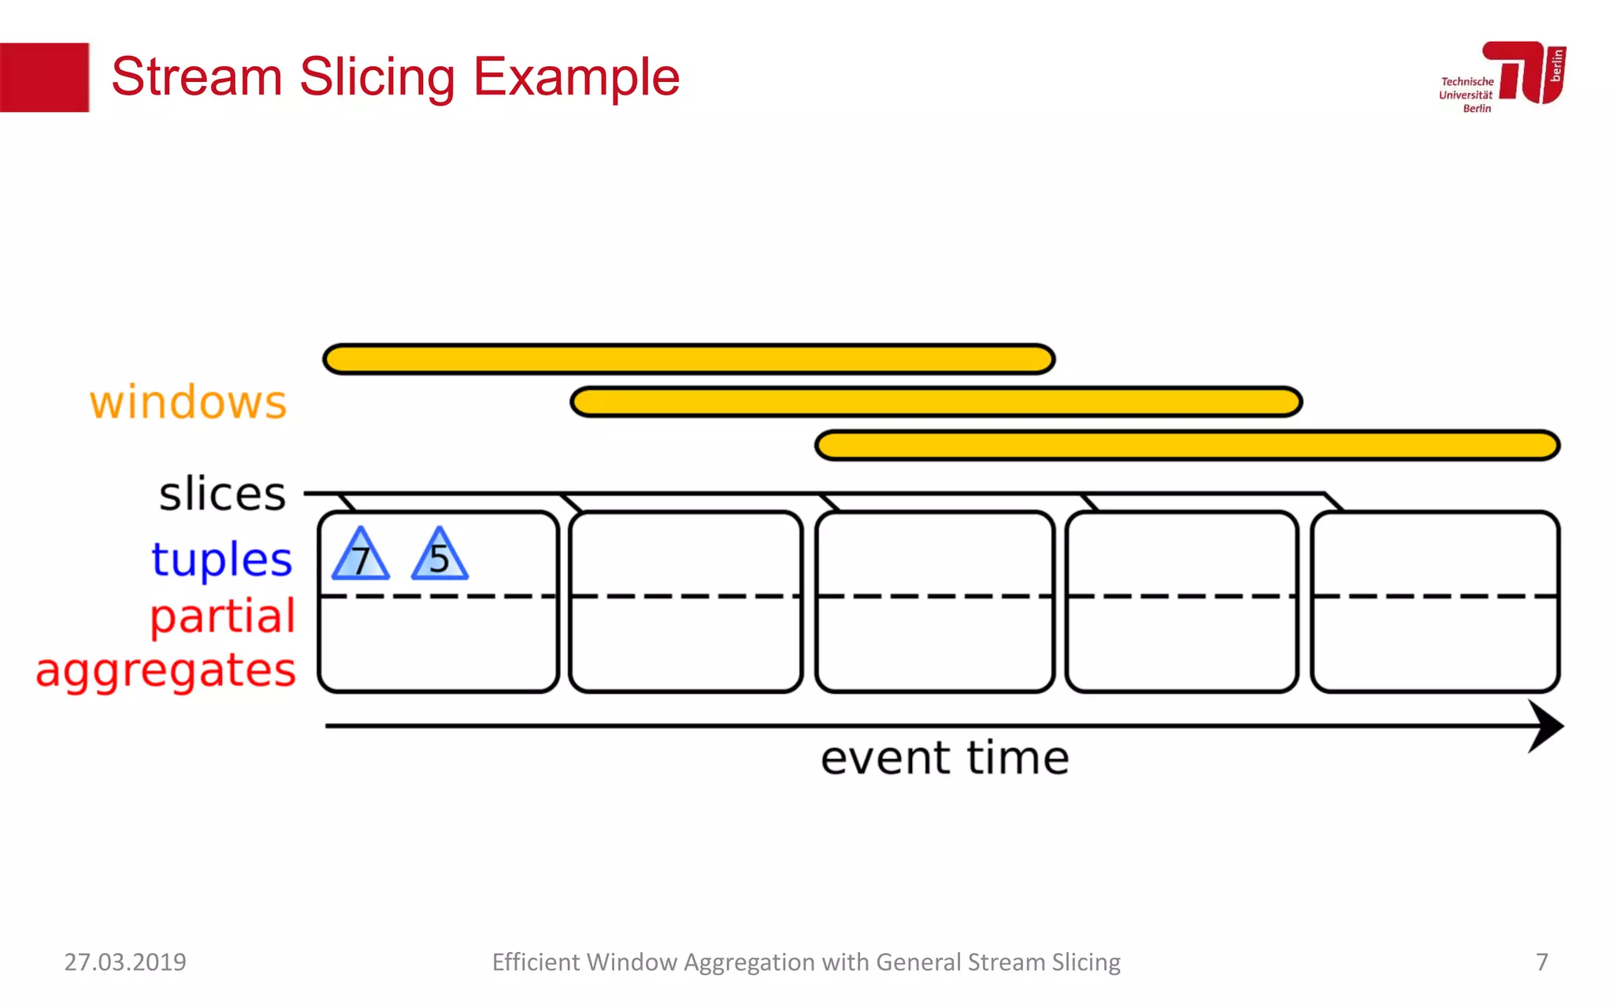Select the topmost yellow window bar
coord(689,359)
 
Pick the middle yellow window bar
coord(936,402)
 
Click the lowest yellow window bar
coord(1187,445)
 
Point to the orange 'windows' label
coord(188,402)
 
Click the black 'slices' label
coord(222,495)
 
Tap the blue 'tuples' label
coord(221,559)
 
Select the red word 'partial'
coord(223,616)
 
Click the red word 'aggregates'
coord(165,671)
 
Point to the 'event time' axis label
coord(944,758)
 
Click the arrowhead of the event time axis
coord(1545,726)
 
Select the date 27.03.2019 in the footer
coord(125,962)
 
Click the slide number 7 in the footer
coord(1541,962)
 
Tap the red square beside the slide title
coord(44,77)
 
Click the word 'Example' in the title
coord(576,77)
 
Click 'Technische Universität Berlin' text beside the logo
coord(1466,94)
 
